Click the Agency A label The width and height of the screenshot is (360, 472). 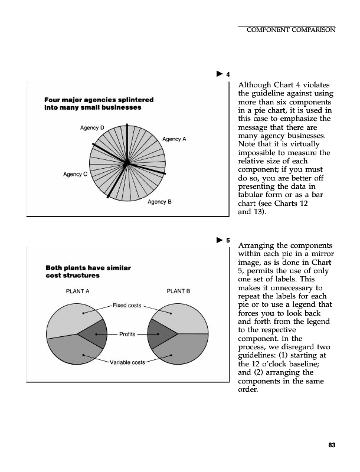[x=174, y=139]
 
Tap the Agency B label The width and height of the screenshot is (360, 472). [x=159, y=202]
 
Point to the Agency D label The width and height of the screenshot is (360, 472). [x=92, y=127]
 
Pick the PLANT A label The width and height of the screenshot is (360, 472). [x=77, y=291]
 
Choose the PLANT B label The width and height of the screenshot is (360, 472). [x=179, y=291]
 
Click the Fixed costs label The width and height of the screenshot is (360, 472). [x=126, y=304]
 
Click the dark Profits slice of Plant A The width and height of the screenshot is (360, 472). [x=95, y=333]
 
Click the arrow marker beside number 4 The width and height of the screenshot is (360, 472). [x=219, y=74]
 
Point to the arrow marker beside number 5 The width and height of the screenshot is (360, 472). [x=219, y=240]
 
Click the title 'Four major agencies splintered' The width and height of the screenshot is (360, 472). [x=99, y=99]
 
